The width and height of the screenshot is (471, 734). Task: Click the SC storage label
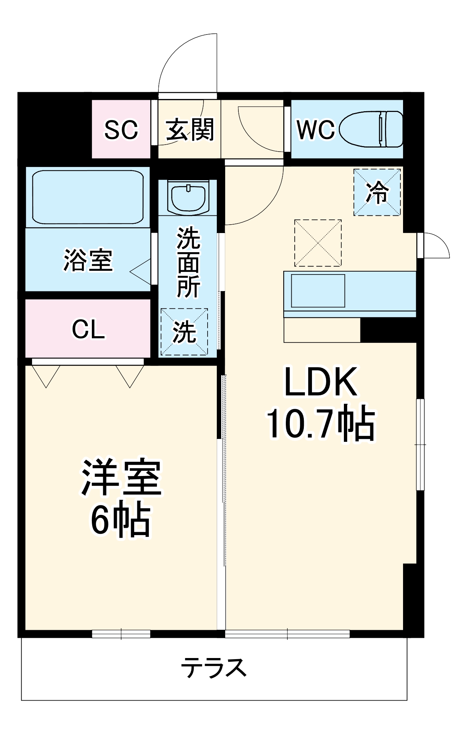(x=121, y=130)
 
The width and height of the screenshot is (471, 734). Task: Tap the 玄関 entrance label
(x=190, y=130)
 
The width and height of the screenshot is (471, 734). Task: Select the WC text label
(x=316, y=130)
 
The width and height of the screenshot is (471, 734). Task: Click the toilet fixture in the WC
(x=371, y=129)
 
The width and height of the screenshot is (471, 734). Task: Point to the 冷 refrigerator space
(x=377, y=192)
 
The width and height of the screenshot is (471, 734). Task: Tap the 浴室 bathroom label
(x=88, y=260)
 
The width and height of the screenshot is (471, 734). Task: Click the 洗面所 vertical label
(x=188, y=262)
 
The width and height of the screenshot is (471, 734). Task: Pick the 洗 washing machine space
(x=184, y=332)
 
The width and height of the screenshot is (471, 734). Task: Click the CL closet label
(x=88, y=329)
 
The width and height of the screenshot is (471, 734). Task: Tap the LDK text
(x=321, y=382)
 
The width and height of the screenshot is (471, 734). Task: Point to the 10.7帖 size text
(x=321, y=424)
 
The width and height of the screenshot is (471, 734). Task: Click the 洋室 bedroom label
(x=121, y=477)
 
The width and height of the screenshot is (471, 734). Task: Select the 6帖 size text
(x=121, y=520)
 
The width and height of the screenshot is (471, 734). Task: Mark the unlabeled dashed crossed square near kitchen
(x=318, y=243)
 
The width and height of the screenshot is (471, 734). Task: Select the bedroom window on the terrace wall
(x=121, y=634)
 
